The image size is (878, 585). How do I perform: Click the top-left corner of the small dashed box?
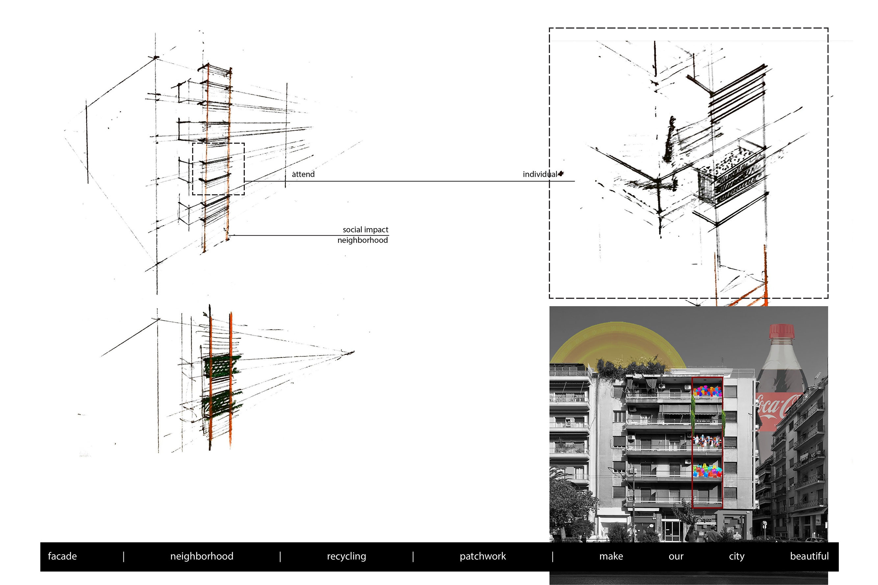(x=193, y=143)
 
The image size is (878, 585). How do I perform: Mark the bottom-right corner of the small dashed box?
(x=244, y=195)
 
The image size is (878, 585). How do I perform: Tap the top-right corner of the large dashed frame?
(x=828, y=28)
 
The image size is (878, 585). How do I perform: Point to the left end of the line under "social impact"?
(x=230, y=235)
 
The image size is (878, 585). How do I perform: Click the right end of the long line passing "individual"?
(x=575, y=181)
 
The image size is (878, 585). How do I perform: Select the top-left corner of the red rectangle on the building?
(x=692, y=377)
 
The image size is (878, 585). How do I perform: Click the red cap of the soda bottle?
(x=782, y=331)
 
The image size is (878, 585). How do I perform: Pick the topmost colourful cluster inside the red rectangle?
(x=707, y=391)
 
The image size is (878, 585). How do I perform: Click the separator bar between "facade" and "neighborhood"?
(x=123, y=557)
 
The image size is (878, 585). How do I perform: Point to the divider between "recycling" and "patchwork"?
(x=413, y=557)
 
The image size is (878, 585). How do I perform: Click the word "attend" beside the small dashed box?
(x=303, y=174)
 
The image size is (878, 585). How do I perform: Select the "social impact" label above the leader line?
(x=365, y=230)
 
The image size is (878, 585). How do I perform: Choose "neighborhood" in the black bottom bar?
(x=202, y=556)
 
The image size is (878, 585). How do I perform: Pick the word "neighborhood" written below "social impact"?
(x=362, y=240)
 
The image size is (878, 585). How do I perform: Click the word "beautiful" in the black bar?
(x=810, y=556)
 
